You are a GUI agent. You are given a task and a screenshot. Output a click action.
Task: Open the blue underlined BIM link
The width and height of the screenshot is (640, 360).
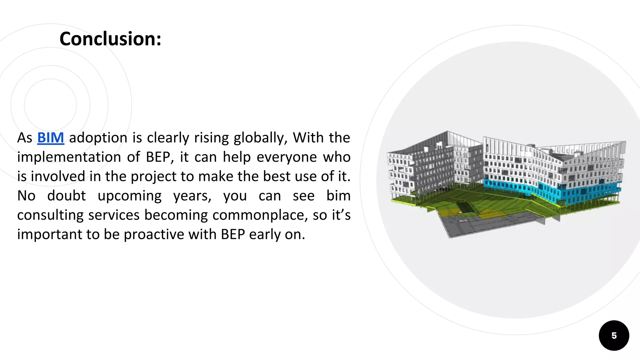point(51,138)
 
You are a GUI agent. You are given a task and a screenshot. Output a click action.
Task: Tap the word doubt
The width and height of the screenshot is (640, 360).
point(66,196)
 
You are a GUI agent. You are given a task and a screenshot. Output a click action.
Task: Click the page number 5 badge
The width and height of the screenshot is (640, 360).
point(614,336)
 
